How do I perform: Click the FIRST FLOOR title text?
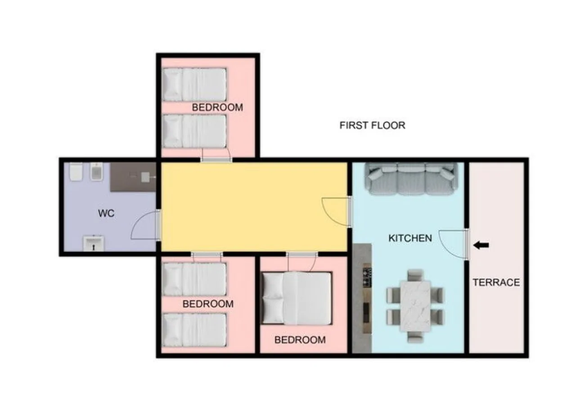372,125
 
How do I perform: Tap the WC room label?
106,213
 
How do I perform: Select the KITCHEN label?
410,238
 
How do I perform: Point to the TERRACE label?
496,282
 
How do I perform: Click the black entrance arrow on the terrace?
481,245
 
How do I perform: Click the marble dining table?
415,307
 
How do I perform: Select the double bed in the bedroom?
297,298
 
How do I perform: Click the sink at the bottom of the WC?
94,244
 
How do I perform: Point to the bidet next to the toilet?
97,171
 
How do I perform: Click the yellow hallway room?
254,207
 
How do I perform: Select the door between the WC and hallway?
146,224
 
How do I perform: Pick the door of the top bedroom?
216,155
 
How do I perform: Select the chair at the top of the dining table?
415,275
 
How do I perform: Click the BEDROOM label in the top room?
217,107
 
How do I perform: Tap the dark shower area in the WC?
133,177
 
